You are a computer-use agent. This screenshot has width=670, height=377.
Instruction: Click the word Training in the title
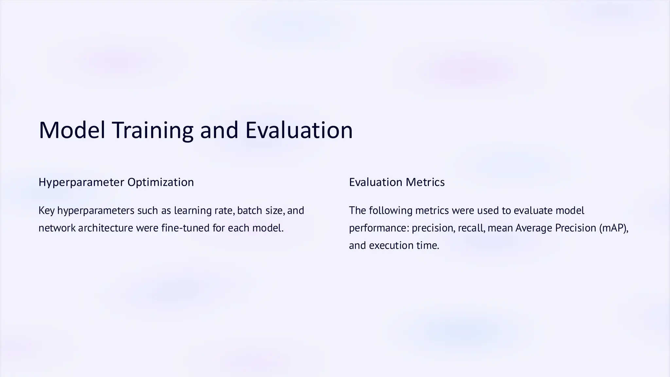click(x=153, y=130)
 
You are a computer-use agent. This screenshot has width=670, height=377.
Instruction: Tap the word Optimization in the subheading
click(x=161, y=182)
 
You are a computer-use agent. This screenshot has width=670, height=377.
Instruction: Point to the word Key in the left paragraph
click(x=46, y=210)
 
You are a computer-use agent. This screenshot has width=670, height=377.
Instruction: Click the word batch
click(x=250, y=210)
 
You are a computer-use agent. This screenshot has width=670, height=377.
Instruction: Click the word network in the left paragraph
click(x=57, y=228)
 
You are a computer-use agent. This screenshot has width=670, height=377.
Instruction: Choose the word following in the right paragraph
click(x=391, y=210)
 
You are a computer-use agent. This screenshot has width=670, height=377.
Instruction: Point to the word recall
click(x=471, y=228)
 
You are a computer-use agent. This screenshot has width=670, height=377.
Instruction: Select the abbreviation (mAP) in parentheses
click(x=614, y=228)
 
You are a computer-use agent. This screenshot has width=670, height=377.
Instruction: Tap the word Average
click(x=534, y=228)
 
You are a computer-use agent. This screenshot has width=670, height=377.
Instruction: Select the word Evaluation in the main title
click(x=299, y=130)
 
